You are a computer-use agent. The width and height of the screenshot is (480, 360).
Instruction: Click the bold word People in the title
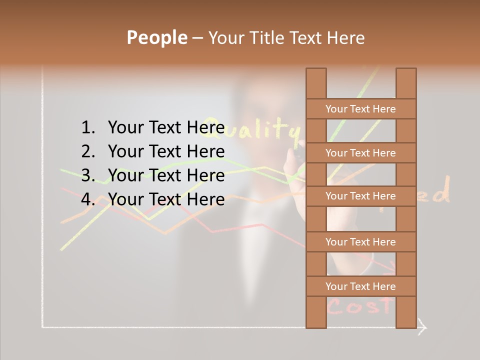156,37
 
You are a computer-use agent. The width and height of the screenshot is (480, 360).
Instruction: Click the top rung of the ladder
360,109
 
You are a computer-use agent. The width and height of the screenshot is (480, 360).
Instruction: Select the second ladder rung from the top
360,153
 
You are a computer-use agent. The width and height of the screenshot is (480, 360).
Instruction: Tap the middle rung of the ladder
360,196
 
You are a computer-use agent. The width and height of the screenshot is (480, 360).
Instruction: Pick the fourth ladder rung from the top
360,242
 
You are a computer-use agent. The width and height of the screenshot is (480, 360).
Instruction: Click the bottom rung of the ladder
360,286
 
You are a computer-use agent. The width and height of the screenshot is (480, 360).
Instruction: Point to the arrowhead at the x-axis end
422,327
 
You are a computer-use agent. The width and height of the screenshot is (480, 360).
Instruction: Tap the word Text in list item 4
166,199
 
